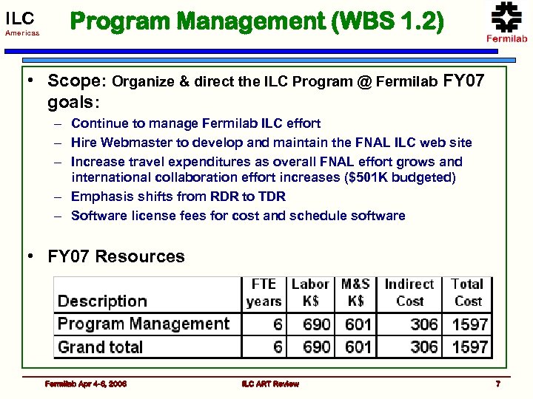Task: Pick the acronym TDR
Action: tap(270, 197)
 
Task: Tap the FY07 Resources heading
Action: tap(116, 257)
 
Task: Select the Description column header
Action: tap(102, 301)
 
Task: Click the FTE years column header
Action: tap(264, 293)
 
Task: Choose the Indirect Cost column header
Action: tap(409, 293)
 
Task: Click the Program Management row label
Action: tap(144, 324)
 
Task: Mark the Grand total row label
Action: tap(101, 347)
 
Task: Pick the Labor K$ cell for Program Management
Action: tap(317, 324)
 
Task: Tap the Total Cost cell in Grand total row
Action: tap(470, 347)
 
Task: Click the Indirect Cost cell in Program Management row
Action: tap(424, 324)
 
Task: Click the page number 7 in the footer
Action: tap(498, 383)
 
